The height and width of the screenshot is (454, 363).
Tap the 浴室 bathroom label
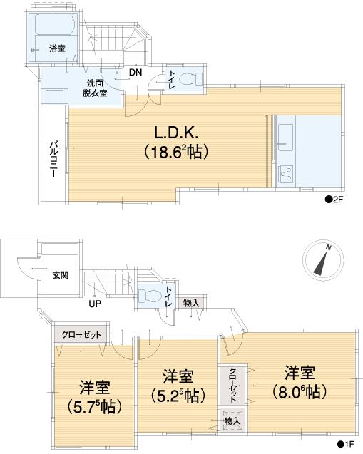coord(57,48)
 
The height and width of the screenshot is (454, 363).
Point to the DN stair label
coord(135,71)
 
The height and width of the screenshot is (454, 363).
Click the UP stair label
coord(95,304)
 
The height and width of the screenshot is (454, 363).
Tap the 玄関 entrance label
coord(61,275)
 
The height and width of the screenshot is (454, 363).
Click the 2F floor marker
coord(335,200)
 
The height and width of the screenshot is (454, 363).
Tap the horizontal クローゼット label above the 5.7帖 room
coord(81,334)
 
